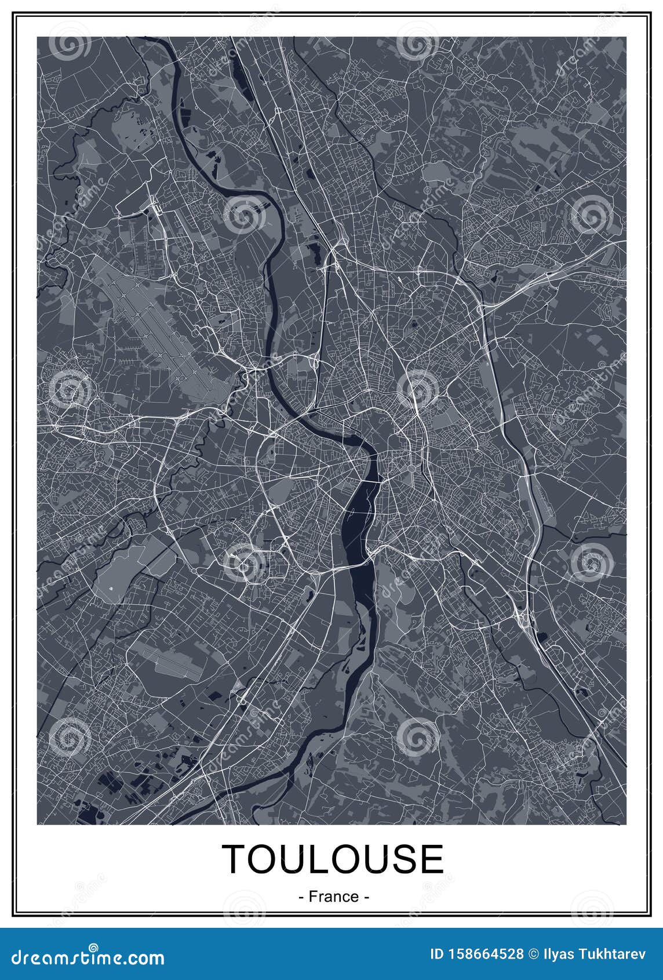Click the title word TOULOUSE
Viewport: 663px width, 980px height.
[x=333, y=859]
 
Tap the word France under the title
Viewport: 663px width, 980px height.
[x=334, y=896]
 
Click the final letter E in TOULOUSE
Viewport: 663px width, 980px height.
[x=432, y=859]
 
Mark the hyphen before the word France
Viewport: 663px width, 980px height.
[x=301, y=896]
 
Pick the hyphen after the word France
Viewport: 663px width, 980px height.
[x=366, y=896]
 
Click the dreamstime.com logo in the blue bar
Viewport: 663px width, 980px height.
[x=83, y=957]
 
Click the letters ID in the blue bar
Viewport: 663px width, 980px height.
[x=437, y=954]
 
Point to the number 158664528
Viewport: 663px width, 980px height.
[x=486, y=954]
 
